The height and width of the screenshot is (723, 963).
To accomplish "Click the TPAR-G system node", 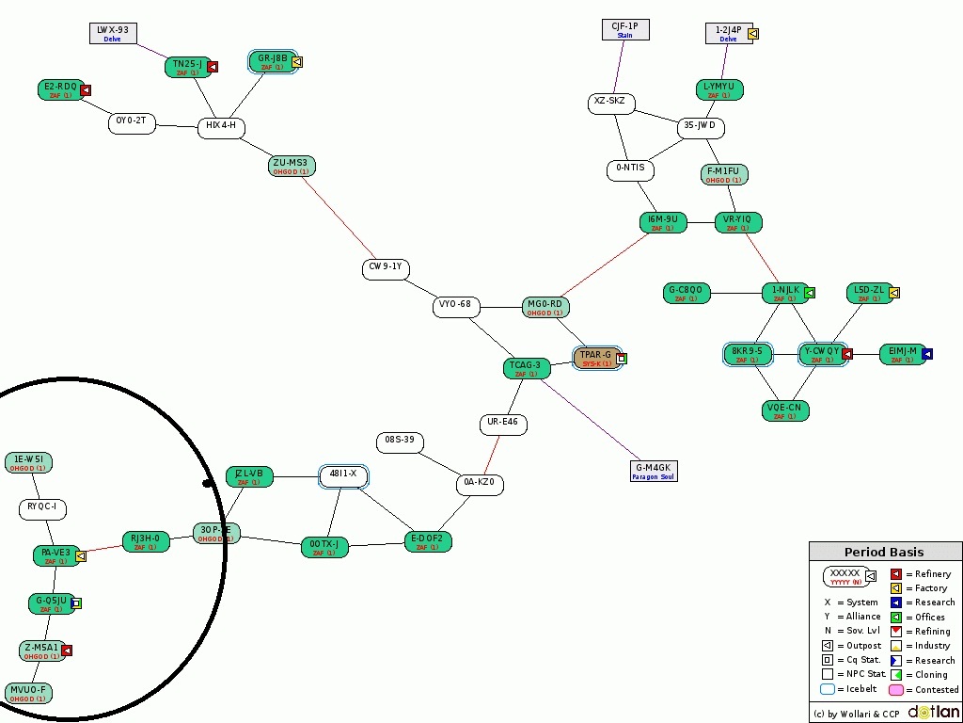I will coord(596,359).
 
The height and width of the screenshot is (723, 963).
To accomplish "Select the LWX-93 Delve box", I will coord(113,34).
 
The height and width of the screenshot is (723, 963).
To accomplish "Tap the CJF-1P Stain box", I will coord(625,30).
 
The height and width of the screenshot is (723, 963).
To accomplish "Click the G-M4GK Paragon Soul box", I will coord(654,471).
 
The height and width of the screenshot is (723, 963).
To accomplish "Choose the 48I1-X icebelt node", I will coord(343,476).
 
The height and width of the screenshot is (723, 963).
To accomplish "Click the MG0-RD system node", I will coord(545,308).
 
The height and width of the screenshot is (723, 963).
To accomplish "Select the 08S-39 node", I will coord(400,442).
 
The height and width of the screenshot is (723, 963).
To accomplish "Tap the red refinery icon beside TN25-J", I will coord(213,67).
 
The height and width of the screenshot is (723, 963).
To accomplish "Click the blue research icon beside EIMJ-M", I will coord(927,354).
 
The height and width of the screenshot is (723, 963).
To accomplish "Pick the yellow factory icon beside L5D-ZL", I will coord(894,293).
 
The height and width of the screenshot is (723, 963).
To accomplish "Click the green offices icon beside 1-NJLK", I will coord(810,293).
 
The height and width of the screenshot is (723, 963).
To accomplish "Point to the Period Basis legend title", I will coord(884,553).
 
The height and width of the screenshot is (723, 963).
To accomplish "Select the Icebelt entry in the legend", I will coord(850,689).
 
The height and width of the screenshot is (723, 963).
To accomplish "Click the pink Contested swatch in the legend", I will coord(896,689).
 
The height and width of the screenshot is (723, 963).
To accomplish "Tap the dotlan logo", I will coord(933,713).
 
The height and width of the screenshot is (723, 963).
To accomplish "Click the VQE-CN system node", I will coord(784,411).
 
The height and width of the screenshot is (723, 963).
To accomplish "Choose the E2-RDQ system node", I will coord(60,90).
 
